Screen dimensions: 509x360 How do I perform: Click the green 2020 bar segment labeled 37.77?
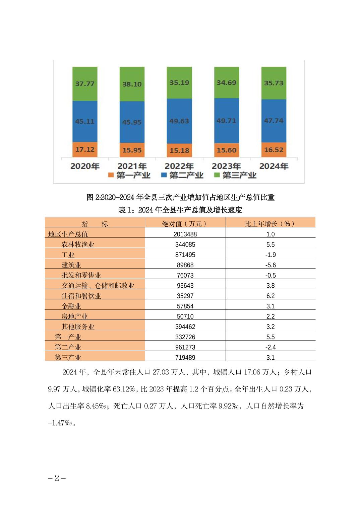(x=85, y=84)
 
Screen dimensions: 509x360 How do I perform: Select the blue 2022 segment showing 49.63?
(x=179, y=121)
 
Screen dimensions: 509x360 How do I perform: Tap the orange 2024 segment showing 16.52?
(x=274, y=150)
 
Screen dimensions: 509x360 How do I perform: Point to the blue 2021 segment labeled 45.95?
(x=132, y=122)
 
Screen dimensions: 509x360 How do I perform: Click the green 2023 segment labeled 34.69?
(x=226, y=82)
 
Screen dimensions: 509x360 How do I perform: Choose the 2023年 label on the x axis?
(x=226, y=166)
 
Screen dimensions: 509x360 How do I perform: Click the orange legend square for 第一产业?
(x=111, y=175)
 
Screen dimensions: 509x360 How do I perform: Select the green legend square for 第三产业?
(x=217, y=175)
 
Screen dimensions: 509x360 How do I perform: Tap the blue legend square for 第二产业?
(x=164, y=175)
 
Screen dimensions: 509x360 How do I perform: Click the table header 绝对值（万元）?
(x=185, y=224)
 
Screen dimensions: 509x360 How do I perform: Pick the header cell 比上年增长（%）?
(x=270, y=224)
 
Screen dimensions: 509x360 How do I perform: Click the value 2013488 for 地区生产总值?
(x=185, y=234)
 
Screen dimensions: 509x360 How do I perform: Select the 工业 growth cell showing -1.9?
(x=270, y=255)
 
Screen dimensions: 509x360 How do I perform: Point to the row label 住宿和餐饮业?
(x=81, y=296)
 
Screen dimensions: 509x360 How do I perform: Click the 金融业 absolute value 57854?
(x=185, y=306)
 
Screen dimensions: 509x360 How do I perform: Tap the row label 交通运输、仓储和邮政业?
(x=98, y=286)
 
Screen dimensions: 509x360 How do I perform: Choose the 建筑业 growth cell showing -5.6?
(x=270, y=265)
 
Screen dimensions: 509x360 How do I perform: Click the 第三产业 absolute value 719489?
(x=185, y=357)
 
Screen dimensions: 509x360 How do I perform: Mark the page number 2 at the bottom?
(x=57, y=478)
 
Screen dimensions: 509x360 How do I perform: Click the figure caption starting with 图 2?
(x=180, y=197)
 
